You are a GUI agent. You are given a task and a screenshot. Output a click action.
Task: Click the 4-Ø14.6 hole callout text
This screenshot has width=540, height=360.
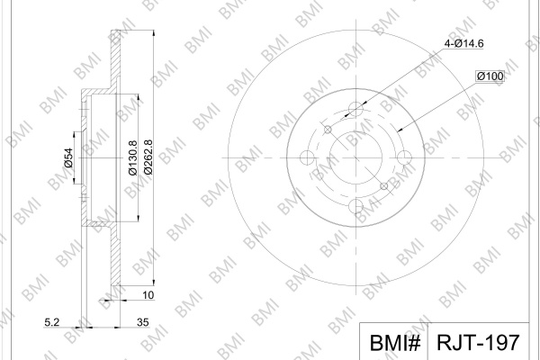tap(463, 44)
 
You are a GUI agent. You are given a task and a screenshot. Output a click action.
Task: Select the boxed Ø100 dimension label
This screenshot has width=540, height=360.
tap(490, 76)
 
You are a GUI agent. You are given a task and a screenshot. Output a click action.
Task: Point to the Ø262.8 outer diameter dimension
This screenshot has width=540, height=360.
tap(148, 157)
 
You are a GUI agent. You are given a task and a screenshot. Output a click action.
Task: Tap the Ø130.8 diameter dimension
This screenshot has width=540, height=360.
tap(133, 157)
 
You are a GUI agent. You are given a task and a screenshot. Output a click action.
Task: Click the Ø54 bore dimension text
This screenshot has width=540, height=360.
tap(68, 157)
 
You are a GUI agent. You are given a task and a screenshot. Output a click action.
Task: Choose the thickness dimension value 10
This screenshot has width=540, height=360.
tap(148, 295)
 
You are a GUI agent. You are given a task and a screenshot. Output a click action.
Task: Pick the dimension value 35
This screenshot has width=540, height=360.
tap(142, 322)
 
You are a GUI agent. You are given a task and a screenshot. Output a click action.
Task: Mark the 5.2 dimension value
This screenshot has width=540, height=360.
tap(52, 322)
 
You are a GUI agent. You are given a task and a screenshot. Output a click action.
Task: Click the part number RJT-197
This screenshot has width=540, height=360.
tap(478, 342)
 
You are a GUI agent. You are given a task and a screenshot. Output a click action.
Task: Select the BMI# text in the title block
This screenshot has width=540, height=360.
tap(395, 343)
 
